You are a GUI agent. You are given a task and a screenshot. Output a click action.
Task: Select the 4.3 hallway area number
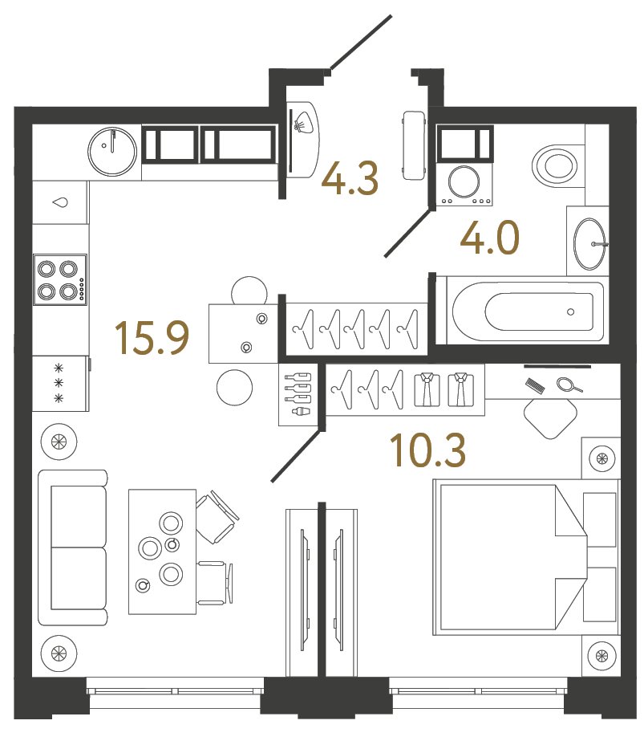(x=350, y=178)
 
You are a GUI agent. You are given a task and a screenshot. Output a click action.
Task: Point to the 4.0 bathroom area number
(x=489, y=238)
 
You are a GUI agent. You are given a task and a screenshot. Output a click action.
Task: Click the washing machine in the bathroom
(x=463, y=181)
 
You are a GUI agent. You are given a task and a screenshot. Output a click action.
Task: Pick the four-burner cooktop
(x=59, y=279)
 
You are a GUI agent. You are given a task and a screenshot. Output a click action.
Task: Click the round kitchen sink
(x=112, y=150)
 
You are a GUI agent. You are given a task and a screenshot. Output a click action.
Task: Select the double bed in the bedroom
(x=513, y=556)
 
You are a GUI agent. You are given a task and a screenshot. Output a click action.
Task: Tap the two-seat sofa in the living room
(x=73, y=548)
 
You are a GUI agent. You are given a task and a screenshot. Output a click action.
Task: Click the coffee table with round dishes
(x=162, y=552)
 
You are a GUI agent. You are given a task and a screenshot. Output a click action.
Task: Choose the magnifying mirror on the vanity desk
(x=569, y=385)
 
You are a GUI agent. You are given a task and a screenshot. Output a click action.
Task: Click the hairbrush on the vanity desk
(x=537, y=386)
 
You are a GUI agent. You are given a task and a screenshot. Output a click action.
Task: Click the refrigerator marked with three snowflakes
(x=59, y=383)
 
